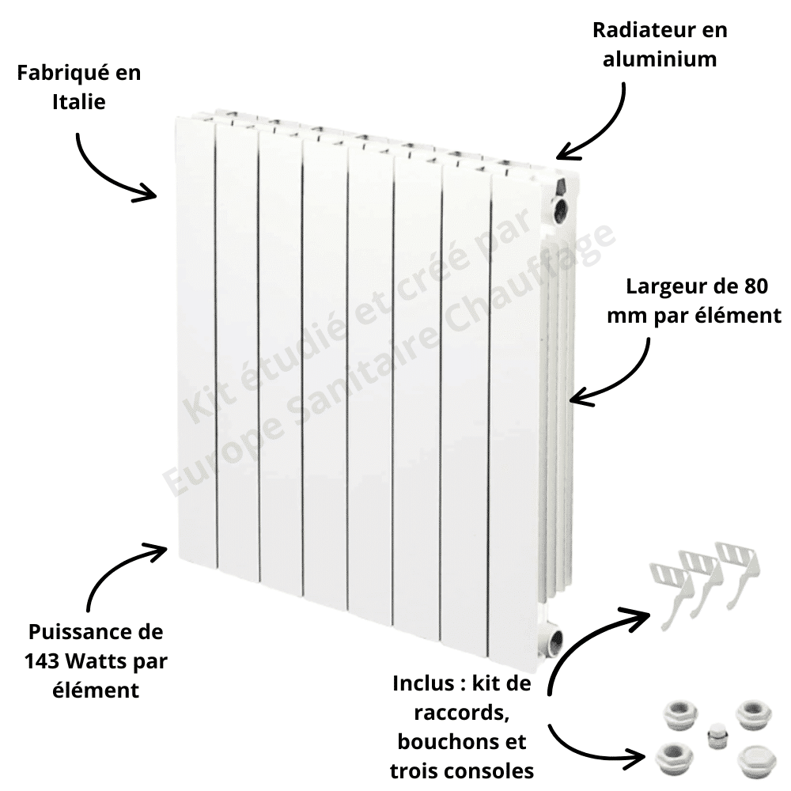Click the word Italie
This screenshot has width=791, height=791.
point(79,102)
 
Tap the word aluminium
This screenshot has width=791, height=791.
point(660,59)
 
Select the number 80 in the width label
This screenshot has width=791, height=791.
point(755,286)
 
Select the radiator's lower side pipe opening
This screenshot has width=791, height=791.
point(555,641)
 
